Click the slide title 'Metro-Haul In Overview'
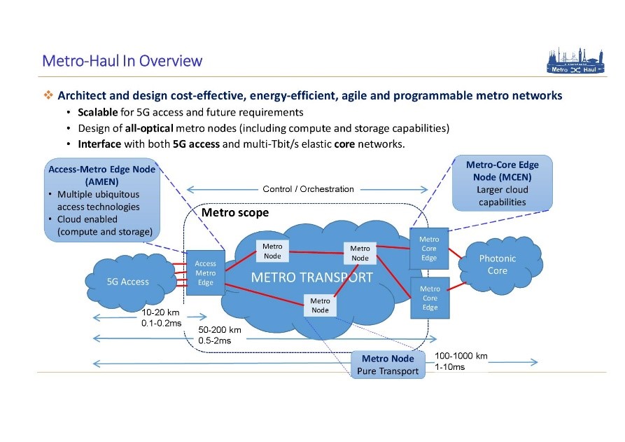pos(122,60)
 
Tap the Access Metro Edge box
pos(206,273)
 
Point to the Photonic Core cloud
pos(498,264)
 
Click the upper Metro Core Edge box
pos(429,249)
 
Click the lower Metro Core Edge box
pos(430,298)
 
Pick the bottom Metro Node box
pos(321,305)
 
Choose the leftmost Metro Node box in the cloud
pos(272,251)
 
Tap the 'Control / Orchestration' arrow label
pos(308,189)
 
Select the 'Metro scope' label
pos(234,212)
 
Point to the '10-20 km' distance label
pos(160,312)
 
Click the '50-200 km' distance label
pos(219,330)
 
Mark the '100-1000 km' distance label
pos(461,356)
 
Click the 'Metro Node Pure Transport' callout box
pos(388,365)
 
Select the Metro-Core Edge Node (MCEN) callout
pos(502,184)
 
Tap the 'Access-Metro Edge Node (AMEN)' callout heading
pos(101,174)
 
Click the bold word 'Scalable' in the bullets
pos(98,112)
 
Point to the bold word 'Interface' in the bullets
pos(99,144)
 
